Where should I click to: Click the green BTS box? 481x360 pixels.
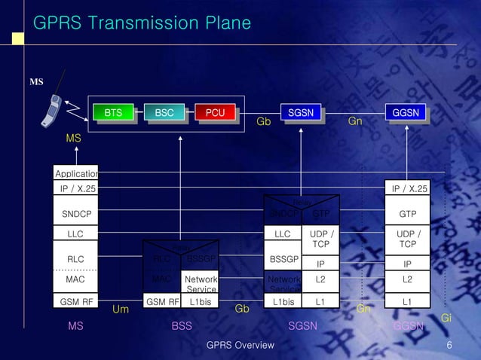coord(112,113)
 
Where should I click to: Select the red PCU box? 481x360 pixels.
coord(215,113)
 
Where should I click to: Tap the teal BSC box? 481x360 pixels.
coord(164,113)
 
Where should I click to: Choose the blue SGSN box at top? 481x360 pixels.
coord(301,113)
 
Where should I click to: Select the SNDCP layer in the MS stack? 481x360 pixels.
coord(75,214)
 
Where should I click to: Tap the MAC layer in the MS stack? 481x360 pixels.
coord(75,279)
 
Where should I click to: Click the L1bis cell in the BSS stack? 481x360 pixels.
coord(200,302)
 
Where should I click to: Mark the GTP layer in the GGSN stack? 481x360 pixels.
coord(407,214)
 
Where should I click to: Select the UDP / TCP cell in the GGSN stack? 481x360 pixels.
coord(407,239)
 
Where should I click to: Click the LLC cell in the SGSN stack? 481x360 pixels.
coord(282,234)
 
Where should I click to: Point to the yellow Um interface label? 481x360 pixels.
coord(121,310)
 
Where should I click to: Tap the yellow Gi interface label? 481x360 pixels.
coord(446,319)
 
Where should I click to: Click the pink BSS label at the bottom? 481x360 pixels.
coord(182,326)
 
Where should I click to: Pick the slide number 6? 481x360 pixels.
coord(449,345)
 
